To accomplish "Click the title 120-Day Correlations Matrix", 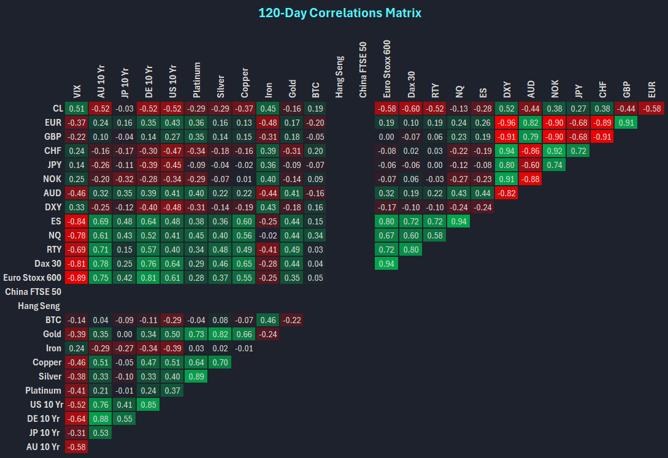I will tap(340, 13).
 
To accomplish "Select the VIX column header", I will tap(77, 91).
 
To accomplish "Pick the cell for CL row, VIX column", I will tap(77, 109).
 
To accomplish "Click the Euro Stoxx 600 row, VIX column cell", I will tap(77, 278).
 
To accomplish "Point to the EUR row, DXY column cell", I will tap(506, 123).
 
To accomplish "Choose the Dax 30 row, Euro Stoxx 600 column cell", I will tap(386, 264).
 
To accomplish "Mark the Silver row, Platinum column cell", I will tap(196, 376).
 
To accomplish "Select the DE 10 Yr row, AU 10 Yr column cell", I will tap(101, 419).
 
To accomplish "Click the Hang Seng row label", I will tap(40, 306).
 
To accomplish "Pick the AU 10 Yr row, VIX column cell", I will tap(77, 447).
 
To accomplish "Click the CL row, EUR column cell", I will tap(651, 109).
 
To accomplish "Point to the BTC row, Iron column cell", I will tap(267, 320).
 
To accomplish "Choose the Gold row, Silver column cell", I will tap(220, 334).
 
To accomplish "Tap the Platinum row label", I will tap(44, 391).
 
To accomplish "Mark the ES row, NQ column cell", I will tap(458, 221).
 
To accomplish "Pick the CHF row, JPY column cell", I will tap(577, 151).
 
